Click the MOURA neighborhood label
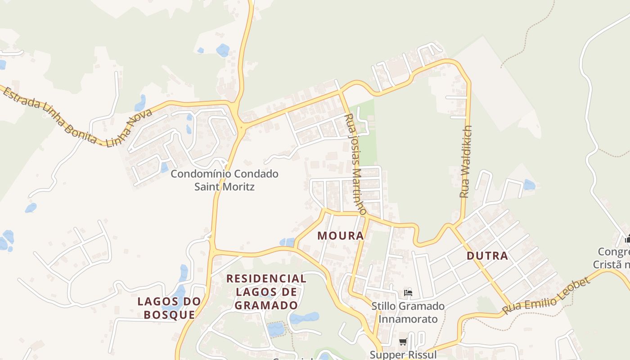point(341,235)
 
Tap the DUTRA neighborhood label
point(487,256)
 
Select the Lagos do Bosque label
point(169,308)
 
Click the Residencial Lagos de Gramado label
point(266,292)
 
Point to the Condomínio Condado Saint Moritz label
point(224,180)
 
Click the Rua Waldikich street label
point(466,162)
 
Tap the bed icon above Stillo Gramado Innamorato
point(408,292)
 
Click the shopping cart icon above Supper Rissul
point(403,342)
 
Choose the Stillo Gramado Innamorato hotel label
point(408,312)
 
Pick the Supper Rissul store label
point(403,355)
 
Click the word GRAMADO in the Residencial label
point(266,305)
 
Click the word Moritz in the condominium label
point(241,186)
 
